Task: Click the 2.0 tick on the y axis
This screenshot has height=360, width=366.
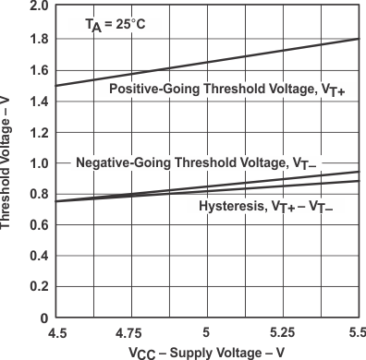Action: point(39,6)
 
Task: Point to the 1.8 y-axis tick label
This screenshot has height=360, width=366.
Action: point(39,38)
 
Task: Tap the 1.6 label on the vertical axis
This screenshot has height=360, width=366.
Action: point(39,69)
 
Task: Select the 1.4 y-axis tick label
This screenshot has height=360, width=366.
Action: point(39,101)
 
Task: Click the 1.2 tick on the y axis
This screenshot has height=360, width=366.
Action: point(39,132)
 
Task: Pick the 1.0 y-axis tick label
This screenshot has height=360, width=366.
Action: point(39,163)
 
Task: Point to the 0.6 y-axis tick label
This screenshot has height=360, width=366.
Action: point(39,225)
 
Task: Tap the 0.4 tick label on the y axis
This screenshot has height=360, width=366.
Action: point(39,257)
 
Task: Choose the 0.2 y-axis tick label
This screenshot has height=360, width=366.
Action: point(39,288)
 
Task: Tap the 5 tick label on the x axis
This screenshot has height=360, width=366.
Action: point(207,332)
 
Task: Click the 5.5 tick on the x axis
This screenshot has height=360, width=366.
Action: point(354,332)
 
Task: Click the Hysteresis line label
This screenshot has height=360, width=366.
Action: point(265,206)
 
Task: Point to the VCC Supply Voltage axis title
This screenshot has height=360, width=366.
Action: point(206,352)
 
